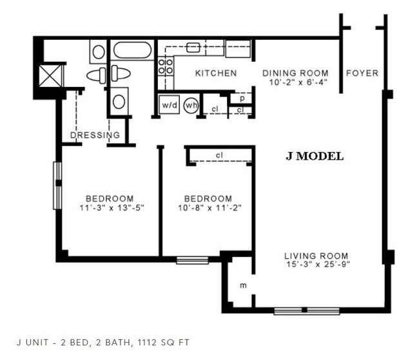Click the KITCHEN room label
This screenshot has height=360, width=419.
215,73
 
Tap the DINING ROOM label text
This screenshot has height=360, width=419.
295,73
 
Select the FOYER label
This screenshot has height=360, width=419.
362,73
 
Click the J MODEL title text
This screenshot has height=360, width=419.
315,156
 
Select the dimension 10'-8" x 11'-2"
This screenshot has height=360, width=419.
208,207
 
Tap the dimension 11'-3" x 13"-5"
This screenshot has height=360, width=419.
110,207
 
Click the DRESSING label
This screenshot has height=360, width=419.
95,135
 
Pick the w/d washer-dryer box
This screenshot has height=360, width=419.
169,105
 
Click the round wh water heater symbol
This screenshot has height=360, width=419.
191,105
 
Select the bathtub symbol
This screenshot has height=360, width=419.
132,50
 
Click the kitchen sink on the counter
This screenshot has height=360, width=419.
193,47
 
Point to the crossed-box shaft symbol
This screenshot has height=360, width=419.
50,75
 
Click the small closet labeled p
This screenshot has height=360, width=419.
242,99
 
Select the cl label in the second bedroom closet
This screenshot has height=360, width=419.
219,155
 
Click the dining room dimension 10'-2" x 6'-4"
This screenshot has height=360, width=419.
295,82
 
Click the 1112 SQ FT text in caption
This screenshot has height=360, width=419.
163,342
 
